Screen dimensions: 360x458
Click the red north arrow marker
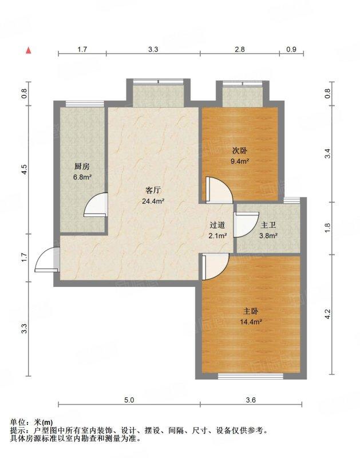28,50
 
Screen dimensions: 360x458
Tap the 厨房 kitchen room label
82,167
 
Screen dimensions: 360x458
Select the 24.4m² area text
153,201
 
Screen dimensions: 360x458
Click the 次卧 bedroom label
239,151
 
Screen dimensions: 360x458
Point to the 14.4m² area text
251,322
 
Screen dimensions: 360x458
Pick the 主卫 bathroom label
268,225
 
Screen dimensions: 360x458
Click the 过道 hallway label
217,225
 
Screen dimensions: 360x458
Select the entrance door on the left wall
47,260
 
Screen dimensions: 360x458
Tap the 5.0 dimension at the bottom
129,400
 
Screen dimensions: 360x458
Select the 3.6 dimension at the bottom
251,400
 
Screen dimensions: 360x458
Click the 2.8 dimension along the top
240,49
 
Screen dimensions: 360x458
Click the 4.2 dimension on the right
327,314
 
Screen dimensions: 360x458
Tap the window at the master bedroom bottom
251,376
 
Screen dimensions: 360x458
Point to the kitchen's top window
85,104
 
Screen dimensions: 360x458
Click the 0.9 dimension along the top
291,49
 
